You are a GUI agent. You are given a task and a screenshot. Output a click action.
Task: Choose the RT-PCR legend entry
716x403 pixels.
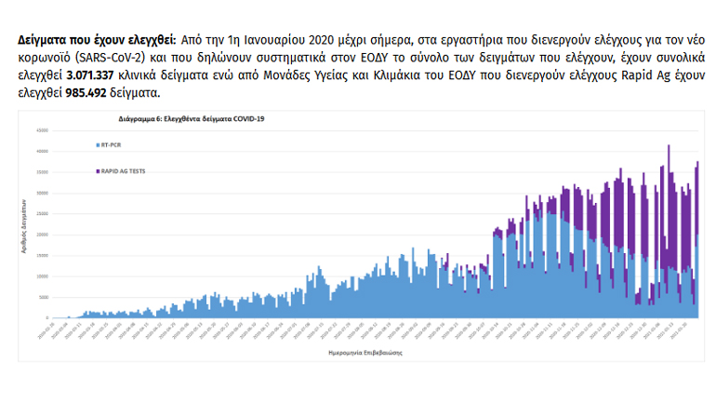coord(111,145)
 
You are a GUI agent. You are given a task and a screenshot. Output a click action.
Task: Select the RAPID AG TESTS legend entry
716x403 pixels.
coord(122,170)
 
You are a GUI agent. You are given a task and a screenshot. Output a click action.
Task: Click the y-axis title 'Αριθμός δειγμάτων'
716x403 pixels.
coord(23,223)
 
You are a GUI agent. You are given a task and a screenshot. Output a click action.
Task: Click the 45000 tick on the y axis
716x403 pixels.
coord(43,130)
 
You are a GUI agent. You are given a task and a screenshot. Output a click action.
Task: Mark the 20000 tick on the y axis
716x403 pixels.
coord(43,235)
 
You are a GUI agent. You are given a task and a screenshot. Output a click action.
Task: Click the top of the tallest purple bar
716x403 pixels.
coord(669,146)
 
